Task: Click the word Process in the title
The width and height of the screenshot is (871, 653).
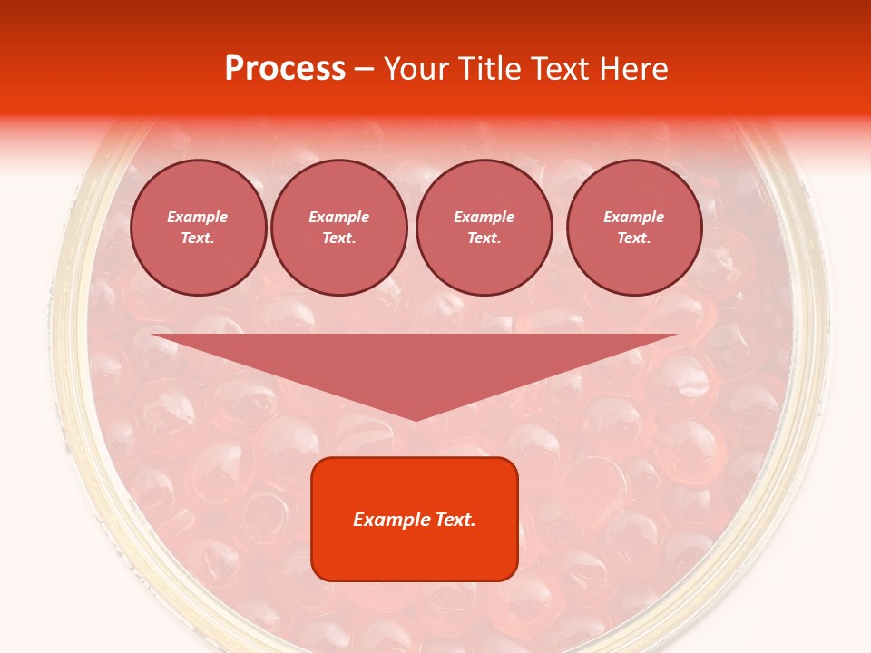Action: pos(285,69)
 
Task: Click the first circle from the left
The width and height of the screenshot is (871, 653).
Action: pos(198,228)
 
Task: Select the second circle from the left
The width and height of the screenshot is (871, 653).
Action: pos(339,228)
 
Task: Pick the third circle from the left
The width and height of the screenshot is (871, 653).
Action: pos(484,228)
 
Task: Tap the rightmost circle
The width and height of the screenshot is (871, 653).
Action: pos(634,228)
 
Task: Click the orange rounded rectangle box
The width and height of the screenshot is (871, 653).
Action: pos(415,518)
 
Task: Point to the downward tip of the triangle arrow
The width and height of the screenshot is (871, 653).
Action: pos(416,420)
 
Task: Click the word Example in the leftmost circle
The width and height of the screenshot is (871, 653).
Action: pos(198,217)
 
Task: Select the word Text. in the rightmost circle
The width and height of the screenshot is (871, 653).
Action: pos(634,238)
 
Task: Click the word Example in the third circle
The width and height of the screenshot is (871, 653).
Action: pos(484,217)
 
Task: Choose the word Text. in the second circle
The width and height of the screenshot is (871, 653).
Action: pos(339,238)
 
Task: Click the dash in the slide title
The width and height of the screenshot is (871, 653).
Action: pos(365,69)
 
